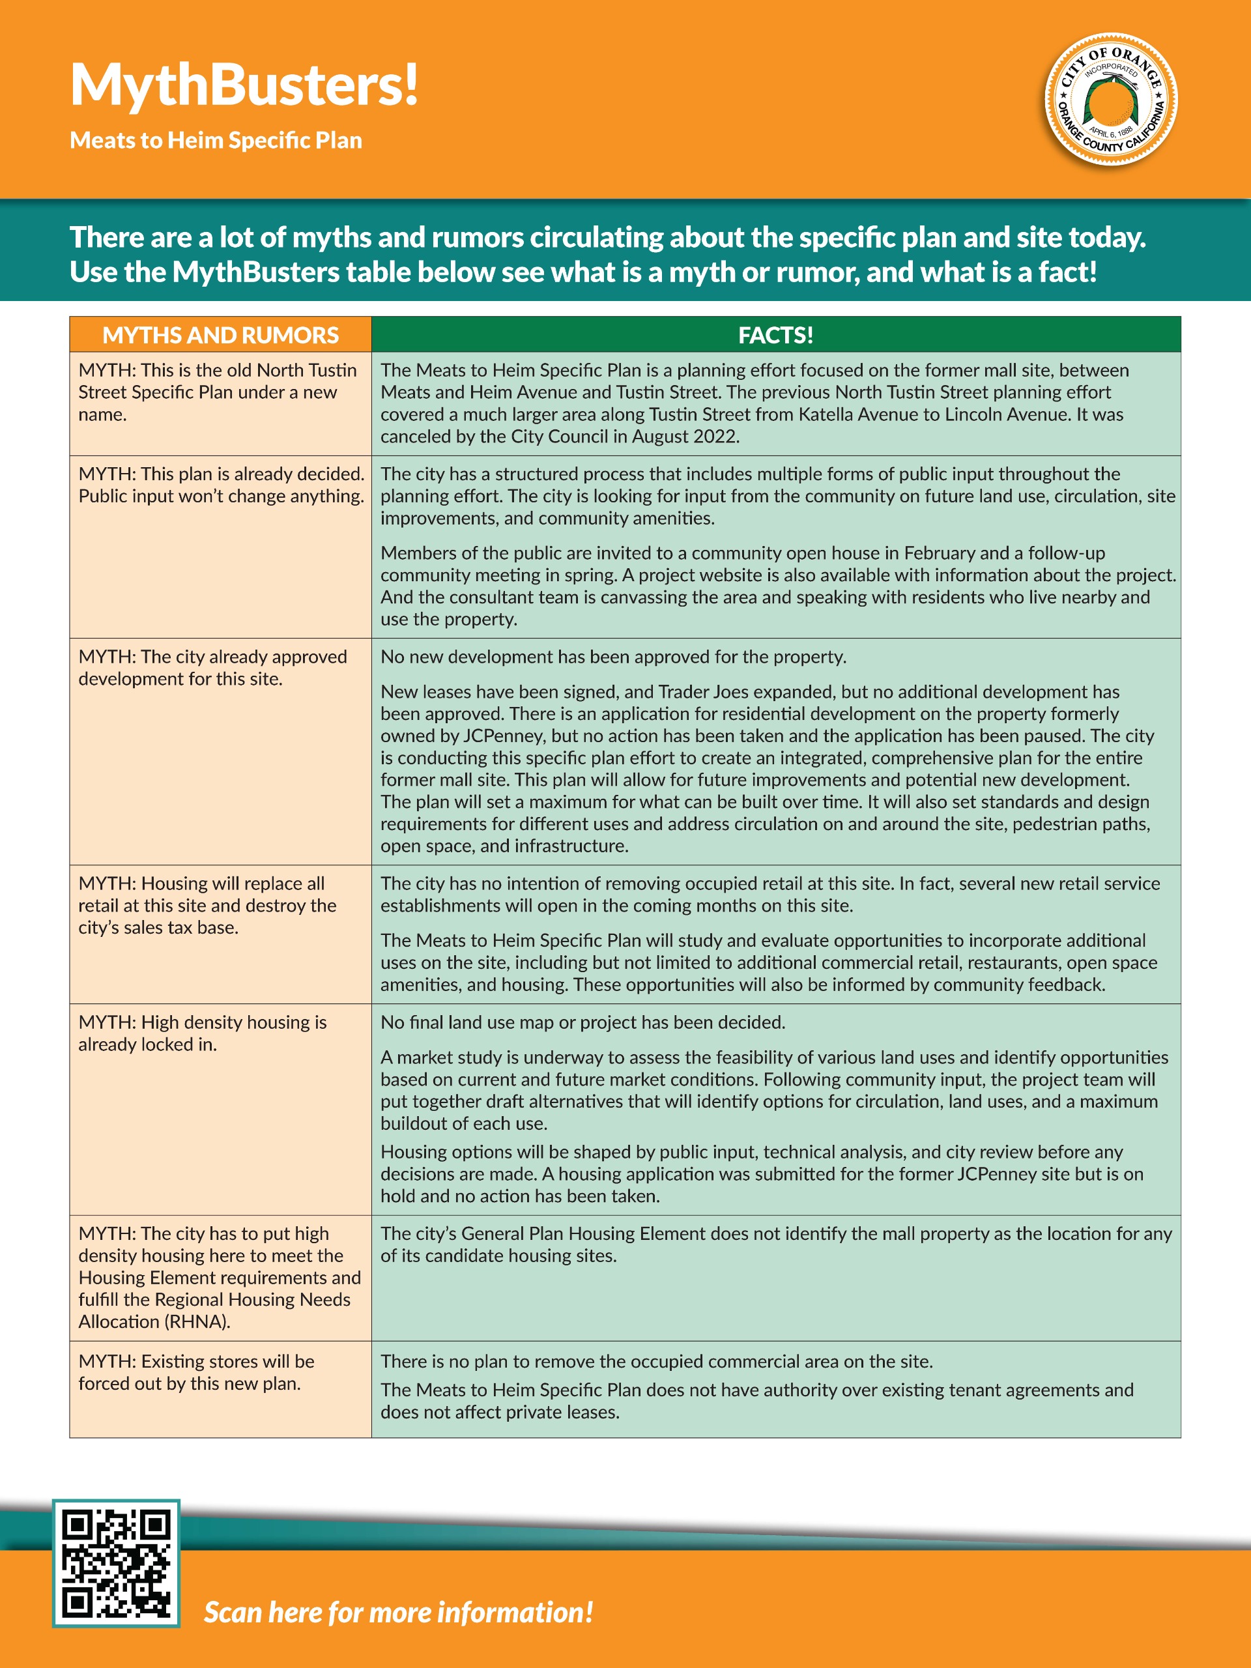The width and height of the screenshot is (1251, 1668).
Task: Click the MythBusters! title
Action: pyautogui.click(x=244, y=85)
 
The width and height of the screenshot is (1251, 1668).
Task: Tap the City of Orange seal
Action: pyautogui.click(x=1110, y=100)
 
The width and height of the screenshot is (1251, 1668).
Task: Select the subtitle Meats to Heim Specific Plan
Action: pyautogui.click(x=216, y=140)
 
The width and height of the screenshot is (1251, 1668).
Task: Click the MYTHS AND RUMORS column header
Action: pyautogui.click(x=220, y=335)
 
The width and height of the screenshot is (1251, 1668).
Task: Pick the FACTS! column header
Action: pyautogui.click(x=775, y=335)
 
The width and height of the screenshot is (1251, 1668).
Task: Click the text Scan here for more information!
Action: pyautogui.click(x=398, y=1612)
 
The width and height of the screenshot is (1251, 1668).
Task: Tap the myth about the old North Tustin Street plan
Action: pyautogui.click(x=217, y=392)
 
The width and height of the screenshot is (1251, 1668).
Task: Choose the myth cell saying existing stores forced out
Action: pyautogui.click(x=196, y=1372)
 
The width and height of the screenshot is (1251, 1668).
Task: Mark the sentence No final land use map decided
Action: pyautogui.click(x=582, y=1022)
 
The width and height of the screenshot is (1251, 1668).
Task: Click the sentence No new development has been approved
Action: pyautogui.click(x=613, y=657)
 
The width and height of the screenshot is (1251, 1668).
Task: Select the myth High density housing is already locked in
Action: pyautogui.click(x=202, y=1033)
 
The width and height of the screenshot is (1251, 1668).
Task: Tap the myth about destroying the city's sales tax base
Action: pyautogui.click(x=207, y=905)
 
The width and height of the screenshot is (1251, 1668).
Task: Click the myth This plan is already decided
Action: pyautogui.click(x=221, y=485)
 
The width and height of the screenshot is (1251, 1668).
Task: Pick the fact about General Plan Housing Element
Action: pyautogui.click(x=775, y=1244)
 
